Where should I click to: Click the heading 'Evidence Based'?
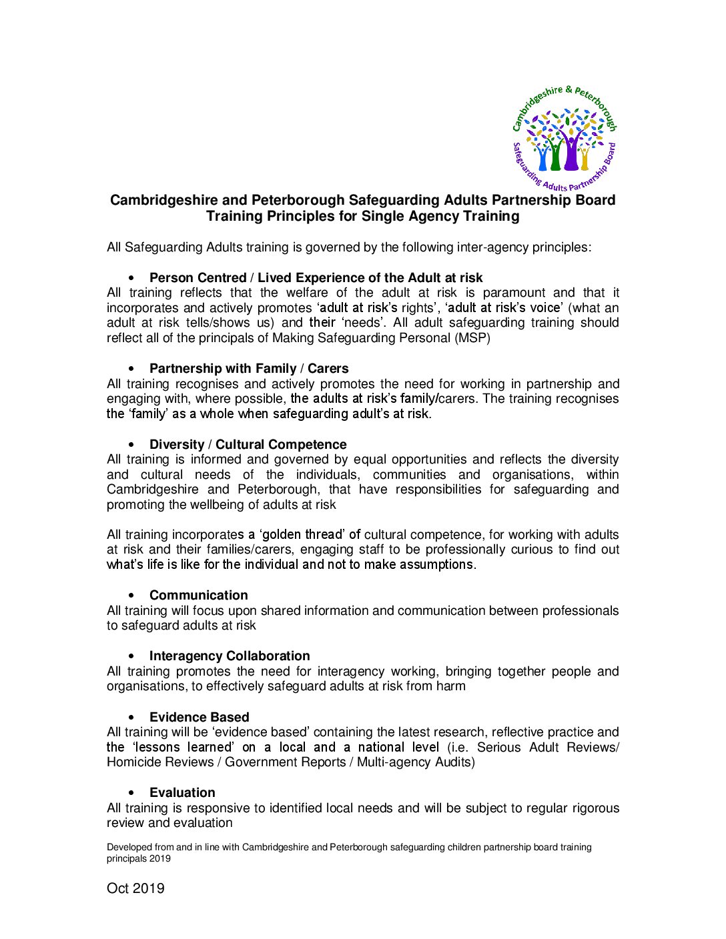coord(199,717)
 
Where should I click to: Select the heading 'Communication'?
coord(198,595)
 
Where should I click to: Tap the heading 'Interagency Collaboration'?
coord(230,656)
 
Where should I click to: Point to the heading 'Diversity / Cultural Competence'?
coord(248,444)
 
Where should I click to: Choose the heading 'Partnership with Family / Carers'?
coord(249,368)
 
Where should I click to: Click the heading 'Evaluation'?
coord(182,792)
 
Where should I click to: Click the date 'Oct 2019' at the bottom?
coord(135,888)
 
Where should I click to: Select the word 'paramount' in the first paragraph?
coord(517,292)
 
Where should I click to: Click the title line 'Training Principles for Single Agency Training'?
coord(362,216)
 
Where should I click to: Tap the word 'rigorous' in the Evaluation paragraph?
coord(595,808)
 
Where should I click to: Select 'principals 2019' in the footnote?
coord(138,858)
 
